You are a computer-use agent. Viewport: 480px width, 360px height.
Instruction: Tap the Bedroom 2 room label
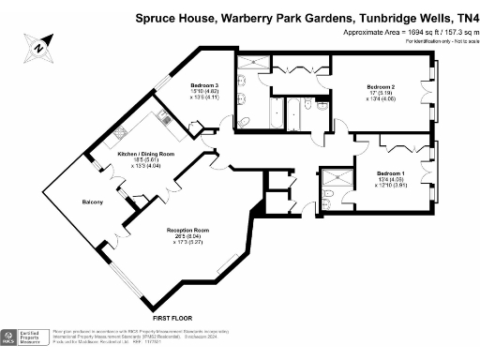tap(380, 86)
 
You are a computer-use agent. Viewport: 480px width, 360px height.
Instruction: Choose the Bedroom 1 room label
tap(391, 173)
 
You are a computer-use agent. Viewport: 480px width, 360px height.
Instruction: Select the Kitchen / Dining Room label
tap(145, 153)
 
